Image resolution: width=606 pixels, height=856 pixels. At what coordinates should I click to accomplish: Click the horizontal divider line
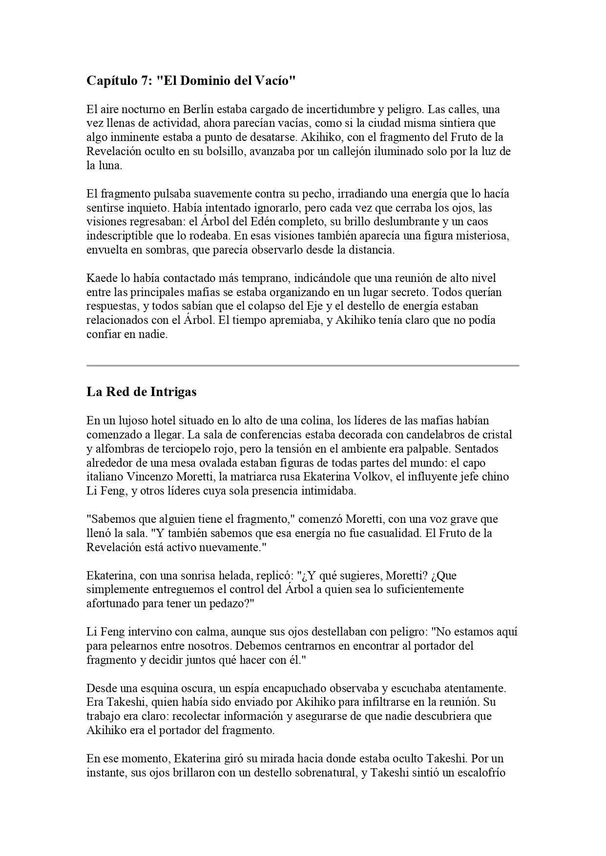pyautogui.click(x=303, y=365)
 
